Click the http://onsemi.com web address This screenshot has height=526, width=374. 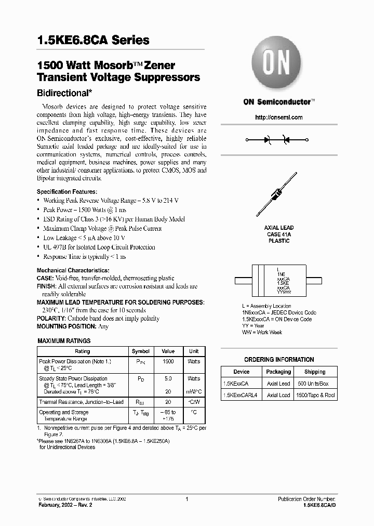278,117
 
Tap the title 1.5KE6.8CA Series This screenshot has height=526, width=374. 93,40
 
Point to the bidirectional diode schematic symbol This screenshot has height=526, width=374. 277,140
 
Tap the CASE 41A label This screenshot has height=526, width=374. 279,234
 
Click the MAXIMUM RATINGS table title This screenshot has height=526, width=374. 64,341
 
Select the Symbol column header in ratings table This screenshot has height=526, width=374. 140,351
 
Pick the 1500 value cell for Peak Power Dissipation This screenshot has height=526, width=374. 168,361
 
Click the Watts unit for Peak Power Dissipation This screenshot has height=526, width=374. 194,361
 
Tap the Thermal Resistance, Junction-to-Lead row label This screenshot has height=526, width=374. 81,402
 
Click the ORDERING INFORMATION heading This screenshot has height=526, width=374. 279,360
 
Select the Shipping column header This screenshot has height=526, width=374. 315,372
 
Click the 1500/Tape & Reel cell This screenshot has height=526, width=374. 316,396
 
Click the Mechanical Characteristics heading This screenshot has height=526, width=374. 73,271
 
